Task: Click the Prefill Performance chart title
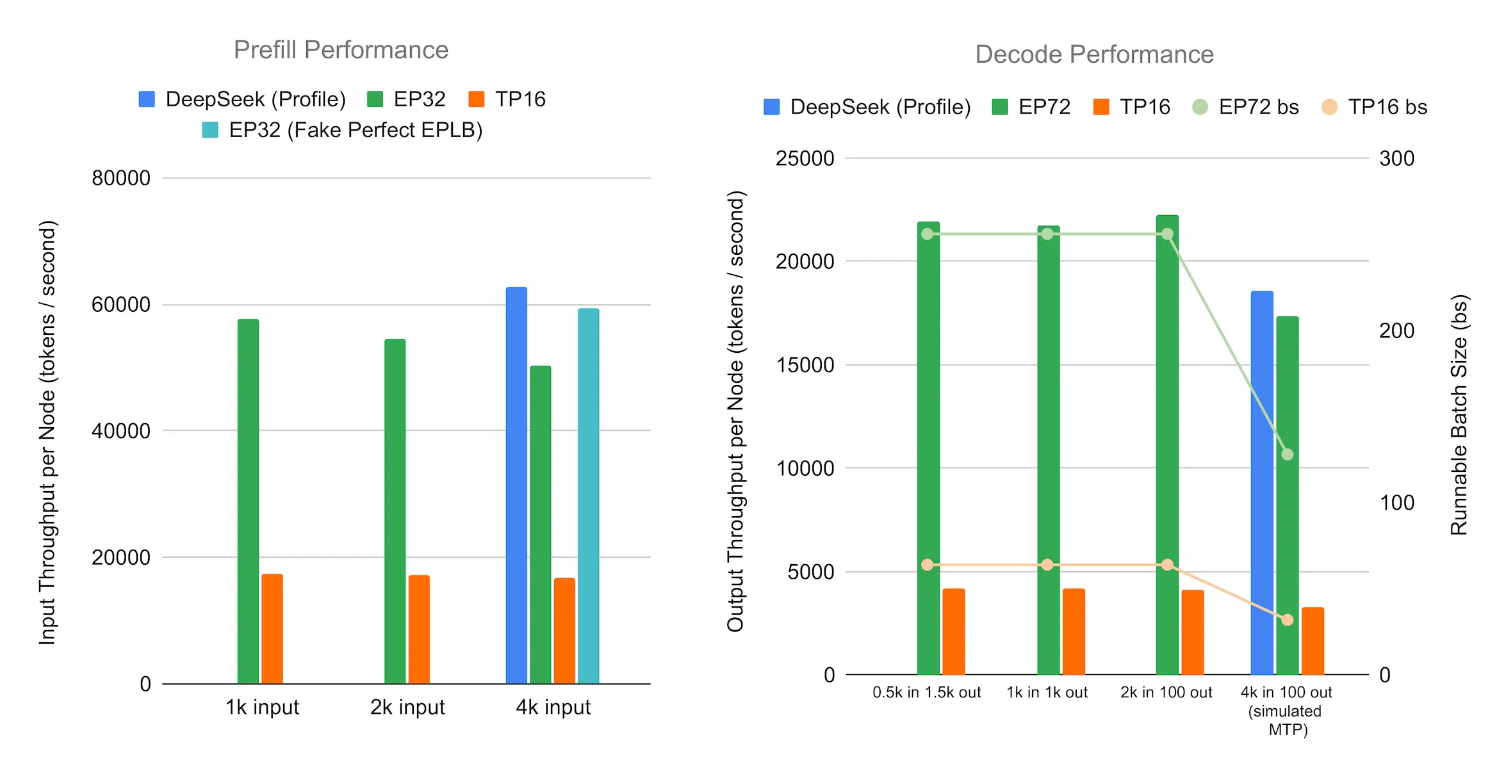point(341,50)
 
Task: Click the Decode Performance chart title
point(1094,54)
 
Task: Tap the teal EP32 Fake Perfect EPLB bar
point(588,496)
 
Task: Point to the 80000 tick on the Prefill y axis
point(121,178)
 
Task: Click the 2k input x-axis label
point(407,707)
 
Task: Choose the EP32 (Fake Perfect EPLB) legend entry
point(343,130)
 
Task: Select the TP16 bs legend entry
point(1375,107)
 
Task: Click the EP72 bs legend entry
point(1246,107)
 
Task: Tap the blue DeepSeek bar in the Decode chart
point(1262,483)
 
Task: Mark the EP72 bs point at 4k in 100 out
point(1288,455)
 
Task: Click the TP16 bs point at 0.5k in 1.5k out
point(927,565)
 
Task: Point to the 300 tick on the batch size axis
point(1396,158)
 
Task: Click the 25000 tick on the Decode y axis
point(805,158)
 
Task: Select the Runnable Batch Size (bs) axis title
point(1459,414)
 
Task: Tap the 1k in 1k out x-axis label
point(1047,692)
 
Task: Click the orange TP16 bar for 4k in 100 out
point(1313,641)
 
